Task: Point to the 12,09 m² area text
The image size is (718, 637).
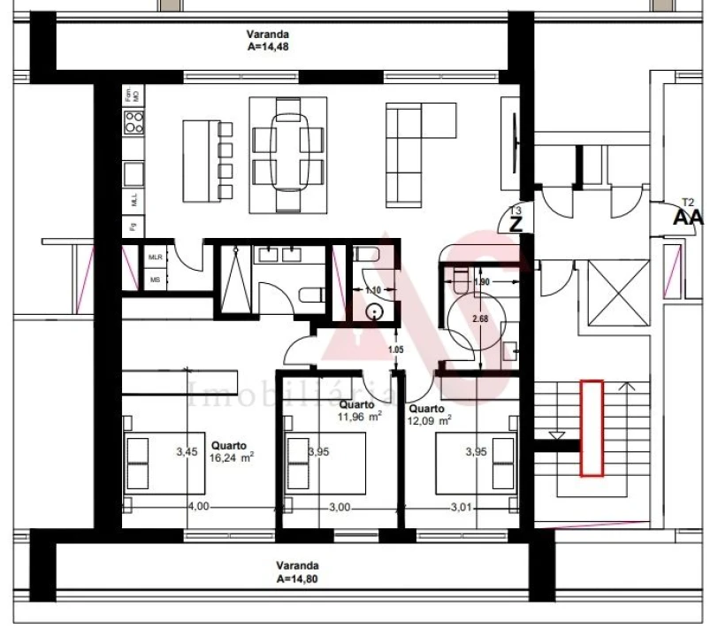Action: click(x=430, y=421)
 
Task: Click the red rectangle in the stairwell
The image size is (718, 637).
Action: click(x=592, y=428)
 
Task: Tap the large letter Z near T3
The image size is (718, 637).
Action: click(x=516, y=222)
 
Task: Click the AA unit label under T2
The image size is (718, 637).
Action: click(x=689, y=217)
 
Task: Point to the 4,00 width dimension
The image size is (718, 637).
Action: click(x=197, y=507)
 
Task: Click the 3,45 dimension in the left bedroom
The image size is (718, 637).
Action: click(x=186, y=452)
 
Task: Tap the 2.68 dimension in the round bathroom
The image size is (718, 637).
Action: click(x=480, y=318)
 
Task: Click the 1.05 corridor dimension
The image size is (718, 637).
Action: click(x=396, y=350)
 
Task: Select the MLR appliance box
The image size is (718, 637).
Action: click(x=156, y=257)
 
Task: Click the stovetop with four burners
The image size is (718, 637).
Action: click(x=134, y=125)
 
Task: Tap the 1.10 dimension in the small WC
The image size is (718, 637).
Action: click(x=373, y=290)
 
